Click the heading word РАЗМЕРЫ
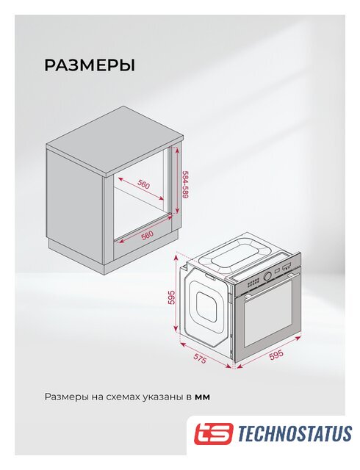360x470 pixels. [90, 65]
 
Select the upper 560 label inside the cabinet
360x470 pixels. [144, 185]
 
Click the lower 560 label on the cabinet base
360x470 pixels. [147, 235]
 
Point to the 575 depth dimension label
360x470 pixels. [200, 358]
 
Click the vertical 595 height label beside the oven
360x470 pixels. [171, 297]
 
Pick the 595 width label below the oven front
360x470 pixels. [276, 355]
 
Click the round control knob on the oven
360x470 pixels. [268, 275]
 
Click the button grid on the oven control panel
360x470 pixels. [253, 282]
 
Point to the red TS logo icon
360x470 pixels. [213, 433]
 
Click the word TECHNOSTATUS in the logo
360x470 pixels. [295, 434]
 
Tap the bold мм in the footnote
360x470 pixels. [203, 397]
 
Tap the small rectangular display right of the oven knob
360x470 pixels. [277, 271]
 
